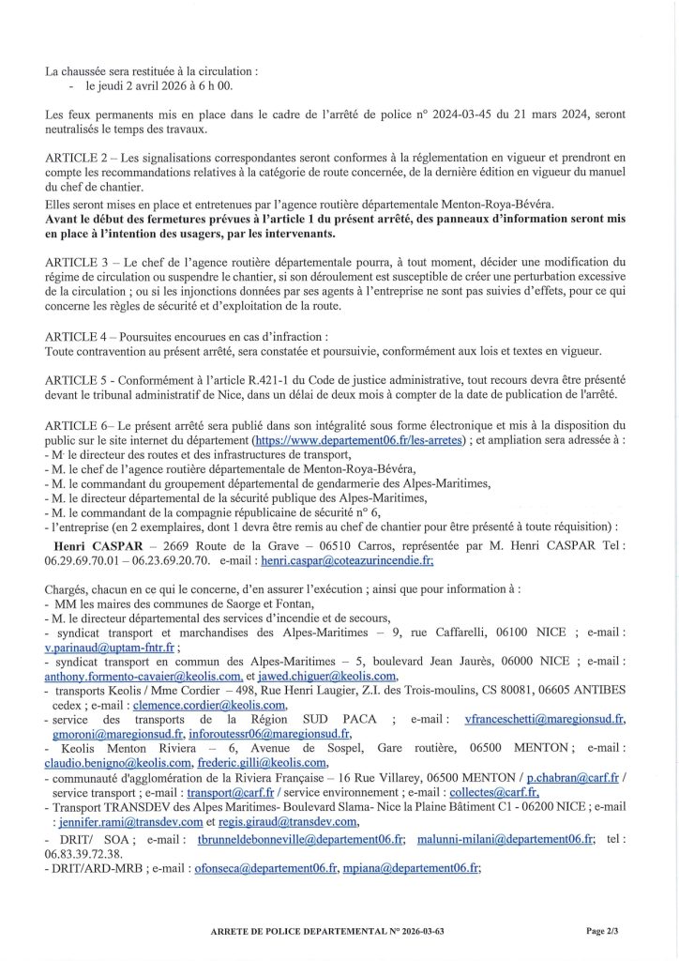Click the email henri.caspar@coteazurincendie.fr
(x=347, y=559)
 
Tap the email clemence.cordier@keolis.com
(x=210, y=704)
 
